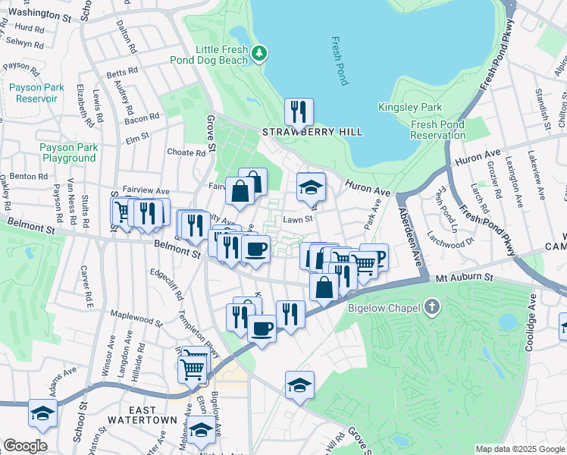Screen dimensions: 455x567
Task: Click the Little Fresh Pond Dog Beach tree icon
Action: click(x=260, y=53)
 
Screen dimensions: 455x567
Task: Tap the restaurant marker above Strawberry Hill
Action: click(x=299, y=112)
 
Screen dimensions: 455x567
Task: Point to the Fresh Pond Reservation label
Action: click(x=437, y=130)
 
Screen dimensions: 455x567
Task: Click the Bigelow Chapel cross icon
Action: click(x=432, y=307)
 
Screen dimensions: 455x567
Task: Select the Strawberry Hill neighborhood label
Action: click(x=312, y=132)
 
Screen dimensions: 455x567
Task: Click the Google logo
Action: click(x=25, y=446)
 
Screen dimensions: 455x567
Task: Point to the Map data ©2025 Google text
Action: click(x=519, y=449)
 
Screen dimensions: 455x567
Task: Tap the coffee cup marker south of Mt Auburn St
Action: click(x=262, y=329)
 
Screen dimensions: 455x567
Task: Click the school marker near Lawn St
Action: click(x=311, y=187)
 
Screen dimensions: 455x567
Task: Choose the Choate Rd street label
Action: click(x=186, y=152)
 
